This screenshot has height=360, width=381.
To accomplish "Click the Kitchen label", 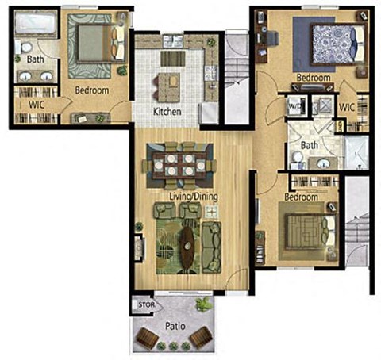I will (167, 112).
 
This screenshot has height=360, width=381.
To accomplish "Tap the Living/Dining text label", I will (193, 196).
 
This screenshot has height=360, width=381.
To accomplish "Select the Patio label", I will (172, 325).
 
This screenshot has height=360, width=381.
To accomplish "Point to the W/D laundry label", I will (294, 104).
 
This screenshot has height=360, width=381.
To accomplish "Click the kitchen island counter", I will (171, 85).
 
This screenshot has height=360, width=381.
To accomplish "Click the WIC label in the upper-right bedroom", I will (347, 107).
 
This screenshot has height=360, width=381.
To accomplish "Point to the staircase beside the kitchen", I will (236, 78).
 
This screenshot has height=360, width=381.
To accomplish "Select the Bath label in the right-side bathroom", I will (310, 145).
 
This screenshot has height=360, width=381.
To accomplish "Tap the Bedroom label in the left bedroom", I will (91, 91).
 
